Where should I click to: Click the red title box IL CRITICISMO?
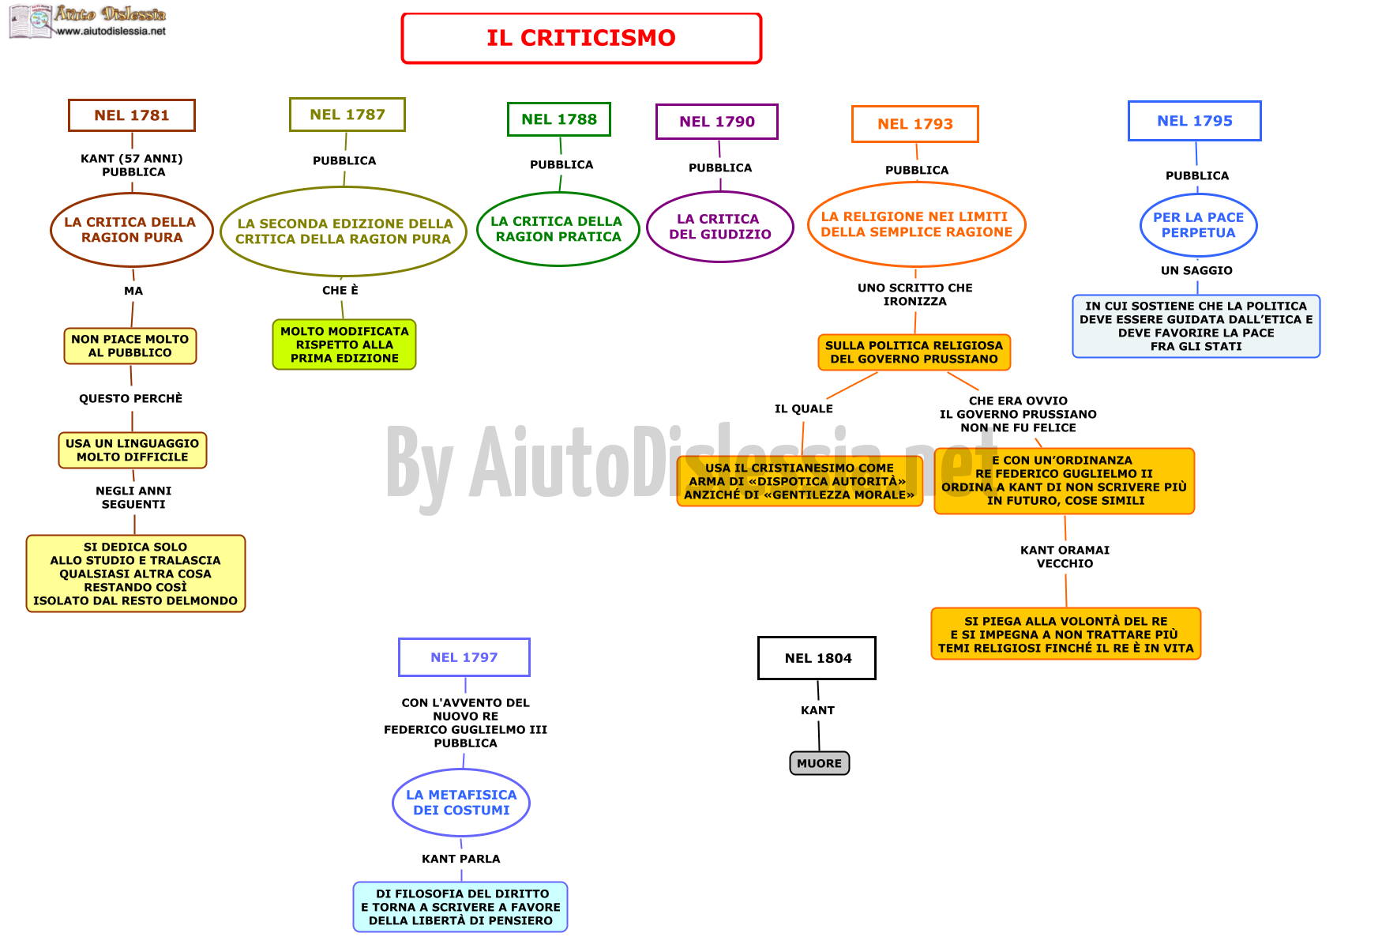click(x=581, y=38)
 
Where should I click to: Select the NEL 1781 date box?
click(x=132, y=115)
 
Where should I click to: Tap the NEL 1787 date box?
click(x=347, y=115)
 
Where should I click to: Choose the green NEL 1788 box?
click(x=559, y=119)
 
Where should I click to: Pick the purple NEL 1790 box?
click(x=717, y=122)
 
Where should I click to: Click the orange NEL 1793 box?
click(x=915, y=124)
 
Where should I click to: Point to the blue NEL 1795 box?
click(x=1195, y=121)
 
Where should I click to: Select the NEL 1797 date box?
click(x=464, y=657)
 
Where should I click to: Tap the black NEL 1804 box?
click(x=817, y=658)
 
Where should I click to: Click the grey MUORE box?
click(x=820, y=763)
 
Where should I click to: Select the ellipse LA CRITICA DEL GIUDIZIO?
click(x=720, y=227)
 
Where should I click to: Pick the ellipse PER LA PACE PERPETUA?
click(x=1199, y=225)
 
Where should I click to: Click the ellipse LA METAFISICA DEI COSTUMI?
click(x=461, y=803)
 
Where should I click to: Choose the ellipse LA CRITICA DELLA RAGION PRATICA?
click(x=558, y=229)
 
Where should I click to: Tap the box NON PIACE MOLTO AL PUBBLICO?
click(x=130, y=346)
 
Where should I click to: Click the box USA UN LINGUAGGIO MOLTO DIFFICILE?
click(x=133, y=450)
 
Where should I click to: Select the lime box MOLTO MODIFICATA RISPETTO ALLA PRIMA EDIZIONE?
click(x=344, y=344)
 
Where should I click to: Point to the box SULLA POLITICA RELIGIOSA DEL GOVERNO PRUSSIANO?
click(x=914, y=352)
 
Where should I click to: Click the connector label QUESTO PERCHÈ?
click(x=131, y=399)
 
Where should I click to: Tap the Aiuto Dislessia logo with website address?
click(x=88, y=21)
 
